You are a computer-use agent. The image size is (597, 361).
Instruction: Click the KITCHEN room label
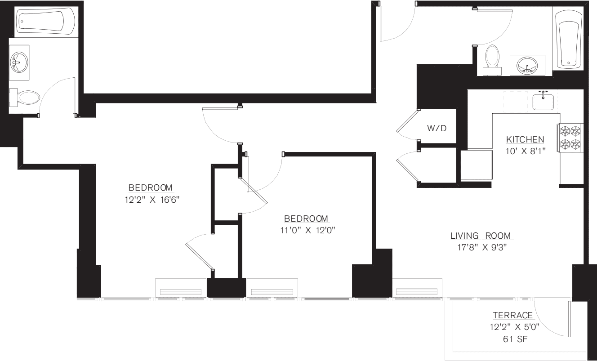(525, 139)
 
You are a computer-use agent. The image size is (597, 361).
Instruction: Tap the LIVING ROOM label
(482, 236)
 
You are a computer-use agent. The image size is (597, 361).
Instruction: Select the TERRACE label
(512, 316)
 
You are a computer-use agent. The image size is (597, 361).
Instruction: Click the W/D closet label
(437, 129)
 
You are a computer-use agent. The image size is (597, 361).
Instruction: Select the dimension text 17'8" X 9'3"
(482, 247)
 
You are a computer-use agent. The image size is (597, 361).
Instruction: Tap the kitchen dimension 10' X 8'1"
(525, 151)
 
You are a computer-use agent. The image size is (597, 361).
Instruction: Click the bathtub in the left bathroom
(46, 22)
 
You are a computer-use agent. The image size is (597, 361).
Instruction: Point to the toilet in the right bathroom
(493, 59)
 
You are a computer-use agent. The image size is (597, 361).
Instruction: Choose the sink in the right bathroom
(527, 66)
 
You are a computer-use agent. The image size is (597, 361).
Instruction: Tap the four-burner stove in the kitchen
(570, 138)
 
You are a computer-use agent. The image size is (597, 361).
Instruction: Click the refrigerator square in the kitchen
(476, 165)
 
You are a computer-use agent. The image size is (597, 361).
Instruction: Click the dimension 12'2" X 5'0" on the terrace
(512, 327)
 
